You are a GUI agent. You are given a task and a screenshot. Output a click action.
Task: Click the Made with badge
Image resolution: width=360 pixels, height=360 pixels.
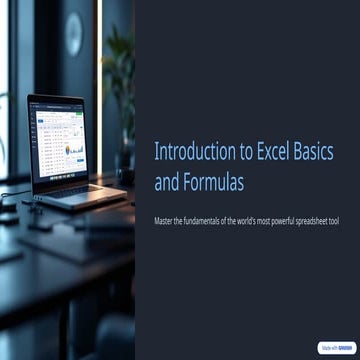[336, 347]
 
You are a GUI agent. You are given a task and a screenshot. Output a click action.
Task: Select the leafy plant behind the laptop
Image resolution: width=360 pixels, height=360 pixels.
[120, 80]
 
